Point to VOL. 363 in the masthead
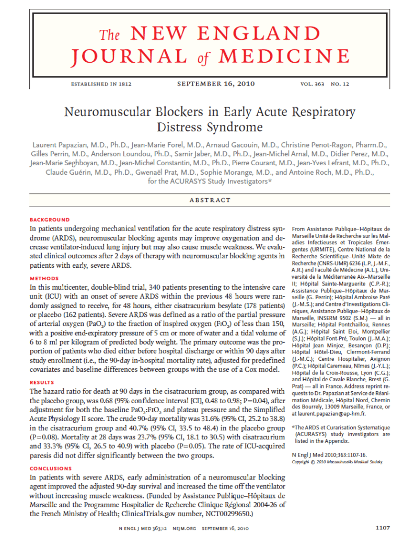point(313,84)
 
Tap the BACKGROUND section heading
point(50,220)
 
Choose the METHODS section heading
point(44,279)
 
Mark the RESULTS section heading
point(42,382)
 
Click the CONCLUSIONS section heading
point(51,469)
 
